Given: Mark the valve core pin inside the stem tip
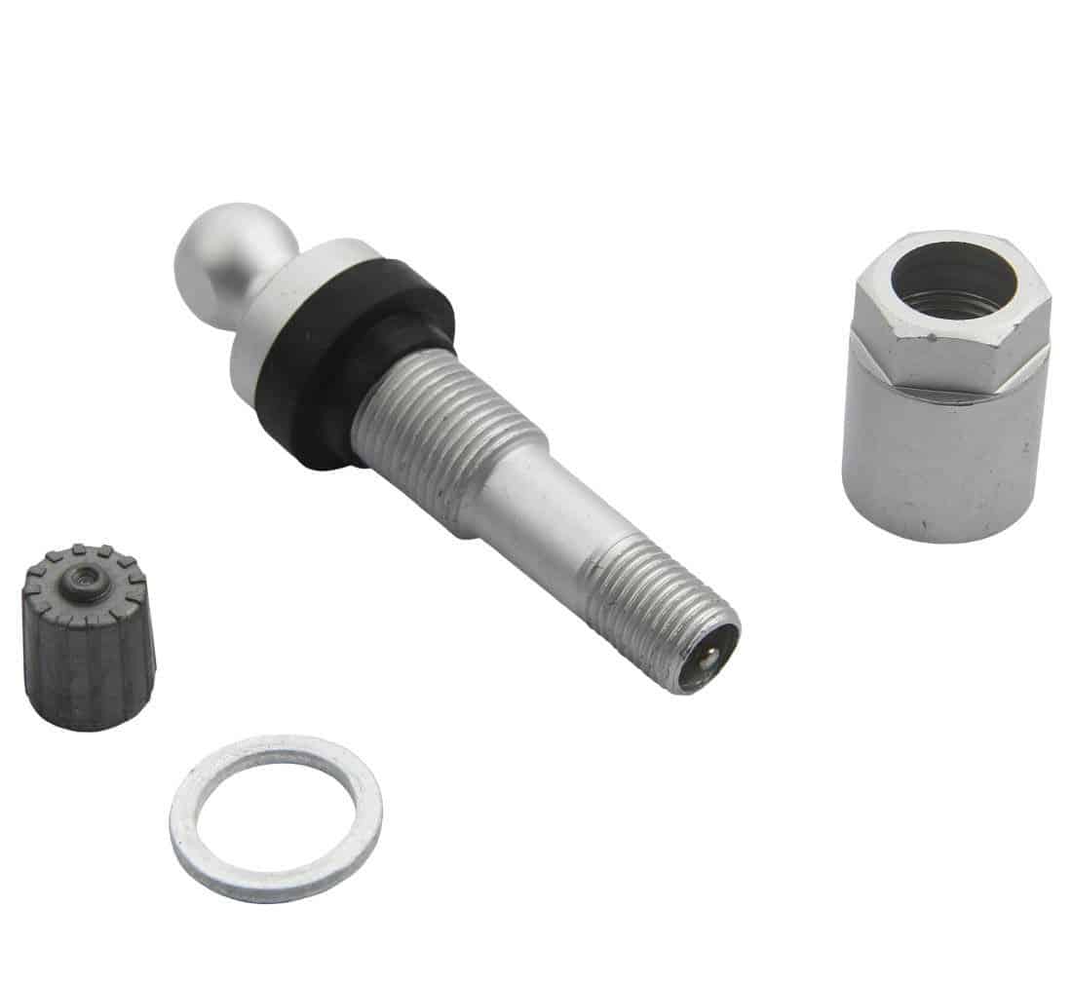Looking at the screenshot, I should coord(704,658).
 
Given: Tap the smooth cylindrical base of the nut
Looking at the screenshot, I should coord(936,458).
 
